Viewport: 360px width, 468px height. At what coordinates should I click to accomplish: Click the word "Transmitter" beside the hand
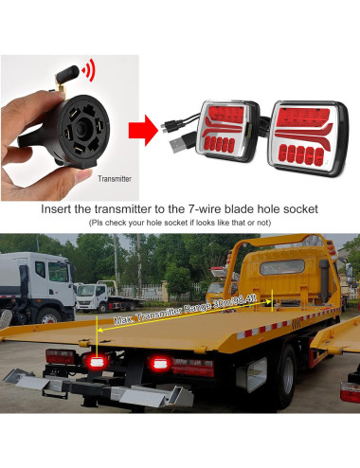114,177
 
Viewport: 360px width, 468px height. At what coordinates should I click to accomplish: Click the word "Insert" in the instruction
62,208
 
